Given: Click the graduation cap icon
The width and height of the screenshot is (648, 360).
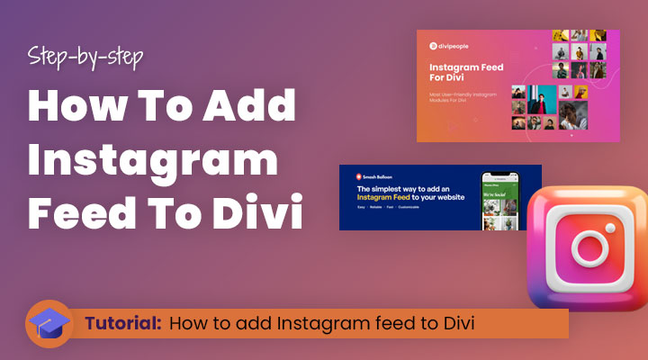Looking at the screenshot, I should (x=49, y=323).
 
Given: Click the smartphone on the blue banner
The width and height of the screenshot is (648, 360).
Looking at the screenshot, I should (x=500, y=199).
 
